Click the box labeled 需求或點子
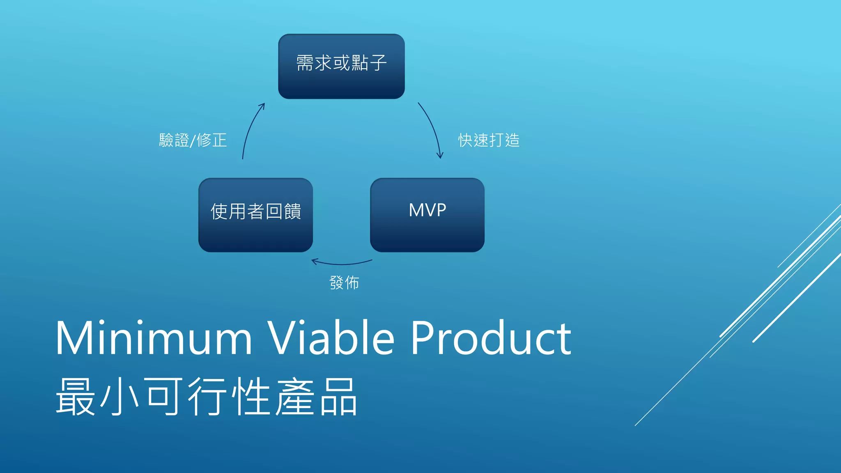[341, 67]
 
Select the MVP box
[427, 215]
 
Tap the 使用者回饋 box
[255, 215]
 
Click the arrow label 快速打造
[489, 140]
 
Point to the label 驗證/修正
[193, 140]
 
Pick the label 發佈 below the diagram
[344, 283]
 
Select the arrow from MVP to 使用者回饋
[342, 263]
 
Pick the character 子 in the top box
[378, 63]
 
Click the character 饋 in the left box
[292, 211]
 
